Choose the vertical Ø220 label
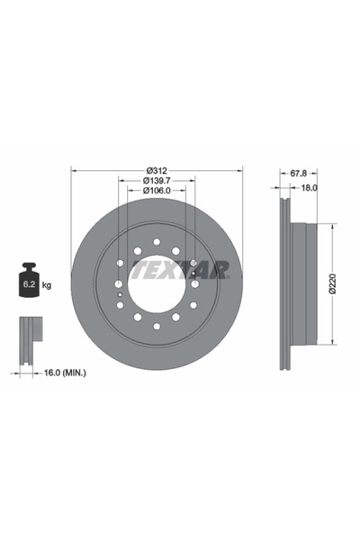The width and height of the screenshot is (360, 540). [x=332, y=283]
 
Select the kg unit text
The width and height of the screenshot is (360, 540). [x=47, y=284]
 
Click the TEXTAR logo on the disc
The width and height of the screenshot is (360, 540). [x=180, y=270]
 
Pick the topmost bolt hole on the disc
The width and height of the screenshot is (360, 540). [x=157, y=241]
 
